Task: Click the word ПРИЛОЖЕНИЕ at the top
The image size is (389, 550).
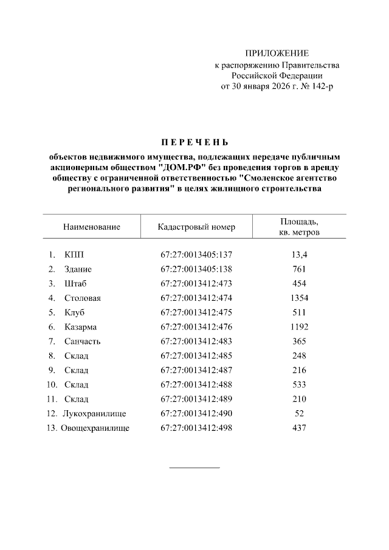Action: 277,53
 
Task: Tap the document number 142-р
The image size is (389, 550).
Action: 322,86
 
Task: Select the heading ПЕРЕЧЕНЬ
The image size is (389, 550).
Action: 194,143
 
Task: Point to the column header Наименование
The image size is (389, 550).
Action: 91,227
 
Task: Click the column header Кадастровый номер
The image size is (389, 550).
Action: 196,227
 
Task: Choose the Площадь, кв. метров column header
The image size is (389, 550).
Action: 298,227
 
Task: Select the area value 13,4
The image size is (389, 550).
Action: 298,254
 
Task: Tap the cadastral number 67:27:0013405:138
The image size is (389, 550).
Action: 196,269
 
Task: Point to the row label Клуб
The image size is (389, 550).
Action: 74,312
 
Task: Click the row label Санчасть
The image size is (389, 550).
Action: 82,341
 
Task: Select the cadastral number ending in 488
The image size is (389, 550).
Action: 196,385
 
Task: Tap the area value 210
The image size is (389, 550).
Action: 298,399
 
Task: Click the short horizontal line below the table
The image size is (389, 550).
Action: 194,467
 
